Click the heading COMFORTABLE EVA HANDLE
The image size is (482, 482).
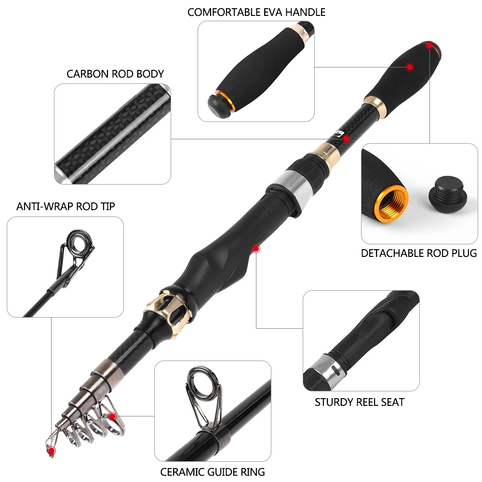pos(256,13)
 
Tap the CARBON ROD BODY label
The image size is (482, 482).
pos(115,74)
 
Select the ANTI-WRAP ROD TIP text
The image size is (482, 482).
pos(66,206)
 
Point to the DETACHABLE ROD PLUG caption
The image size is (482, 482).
pos(419,254)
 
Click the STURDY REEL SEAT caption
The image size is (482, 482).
pos(360,402)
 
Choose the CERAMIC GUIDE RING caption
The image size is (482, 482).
pos(213,472)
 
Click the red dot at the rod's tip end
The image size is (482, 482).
pos(52,451)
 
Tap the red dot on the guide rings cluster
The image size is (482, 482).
pos(112,416)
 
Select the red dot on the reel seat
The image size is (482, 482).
pos(256,248)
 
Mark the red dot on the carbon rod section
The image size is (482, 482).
pos(346,139)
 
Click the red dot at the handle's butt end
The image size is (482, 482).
pos(429,45)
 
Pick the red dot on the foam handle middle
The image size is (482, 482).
pos(410,67)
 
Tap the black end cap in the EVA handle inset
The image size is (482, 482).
pos(219,106)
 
